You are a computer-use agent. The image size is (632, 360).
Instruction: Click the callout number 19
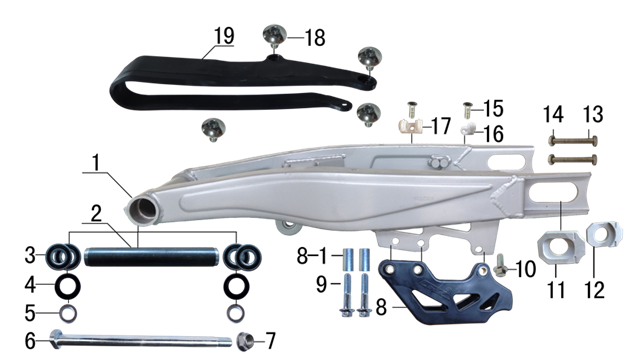click(224, 36)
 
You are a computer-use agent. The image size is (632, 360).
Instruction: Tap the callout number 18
click(315, 38)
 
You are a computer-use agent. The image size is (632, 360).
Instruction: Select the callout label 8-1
click(313, 256)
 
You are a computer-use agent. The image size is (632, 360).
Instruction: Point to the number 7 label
click(271, 341)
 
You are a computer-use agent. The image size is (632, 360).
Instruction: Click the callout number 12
click(595, 290)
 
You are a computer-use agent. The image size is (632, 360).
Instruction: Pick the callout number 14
click(553, 114)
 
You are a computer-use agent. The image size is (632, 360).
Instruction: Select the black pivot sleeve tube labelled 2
click(152, 257)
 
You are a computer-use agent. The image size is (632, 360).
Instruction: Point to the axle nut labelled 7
click(245, 341)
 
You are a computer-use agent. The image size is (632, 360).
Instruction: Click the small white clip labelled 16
click(468, 129)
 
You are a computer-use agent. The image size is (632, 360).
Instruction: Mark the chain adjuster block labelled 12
click(604, 234)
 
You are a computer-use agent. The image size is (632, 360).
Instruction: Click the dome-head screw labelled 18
click(275, 36)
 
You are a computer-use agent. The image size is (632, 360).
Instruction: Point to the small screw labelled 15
click(468, 110)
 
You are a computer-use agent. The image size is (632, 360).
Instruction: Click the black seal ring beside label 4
click(67, 287)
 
